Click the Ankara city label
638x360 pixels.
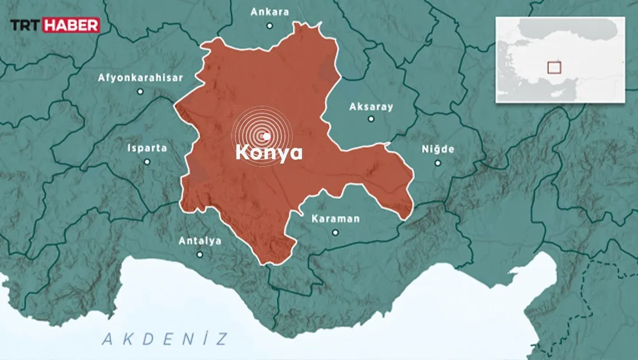[x=270, y=12]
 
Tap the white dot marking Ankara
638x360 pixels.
[x=270, y=25]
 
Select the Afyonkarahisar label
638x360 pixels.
[x=140, y=77]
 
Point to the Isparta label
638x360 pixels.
[x=147, y=148]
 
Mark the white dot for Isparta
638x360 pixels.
[x=147, y=162]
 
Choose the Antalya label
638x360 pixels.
[x=199, y=241]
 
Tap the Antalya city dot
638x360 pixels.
[x=199, y=254]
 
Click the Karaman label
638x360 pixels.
[x=335, y=219]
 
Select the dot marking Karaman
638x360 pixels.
[x=335, y=232]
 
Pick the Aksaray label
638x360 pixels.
[x=371, y=106]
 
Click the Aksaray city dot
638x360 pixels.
[x=371, y=120]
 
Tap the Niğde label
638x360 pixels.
[x=437, y=150]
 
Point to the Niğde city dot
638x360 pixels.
[x=437, y=163]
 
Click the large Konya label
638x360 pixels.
[x=269, y=153]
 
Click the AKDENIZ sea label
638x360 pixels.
[x=165, y=339]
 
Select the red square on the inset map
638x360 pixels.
[x=554, y=67]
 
